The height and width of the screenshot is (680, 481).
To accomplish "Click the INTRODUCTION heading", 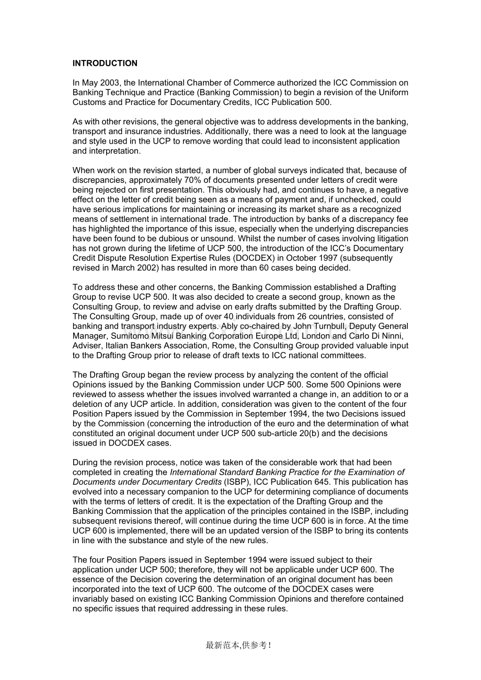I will click(105, 63).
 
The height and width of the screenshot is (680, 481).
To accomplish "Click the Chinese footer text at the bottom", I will click(238, 645).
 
